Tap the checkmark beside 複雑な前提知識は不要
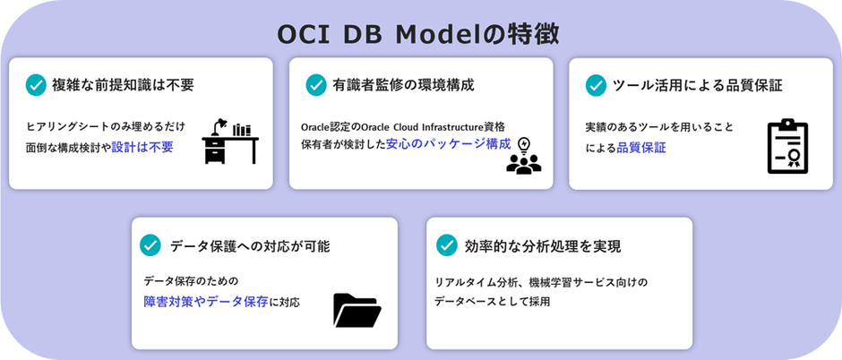36,85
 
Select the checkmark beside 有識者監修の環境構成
316,85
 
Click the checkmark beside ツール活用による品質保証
596,85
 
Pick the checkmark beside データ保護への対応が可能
150,245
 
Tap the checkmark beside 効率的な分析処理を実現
446,245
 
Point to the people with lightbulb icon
523,154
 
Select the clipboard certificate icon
787,146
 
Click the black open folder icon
357,309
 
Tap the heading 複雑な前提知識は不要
125,85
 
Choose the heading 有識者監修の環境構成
404,85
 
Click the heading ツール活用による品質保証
697,85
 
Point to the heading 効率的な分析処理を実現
543,245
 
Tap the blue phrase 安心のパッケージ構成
449,143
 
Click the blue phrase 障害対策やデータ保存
206,302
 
